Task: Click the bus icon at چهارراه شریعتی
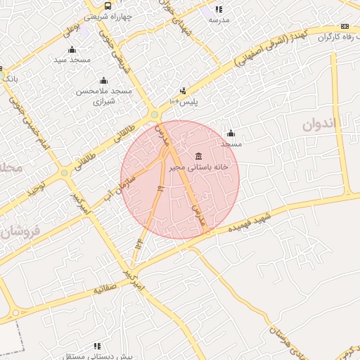point(108,5)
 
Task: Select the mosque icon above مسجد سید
point(71,49)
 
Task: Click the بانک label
point(10,78)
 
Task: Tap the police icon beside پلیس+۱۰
point(183,90)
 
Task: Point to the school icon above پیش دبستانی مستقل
point(97,346)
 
